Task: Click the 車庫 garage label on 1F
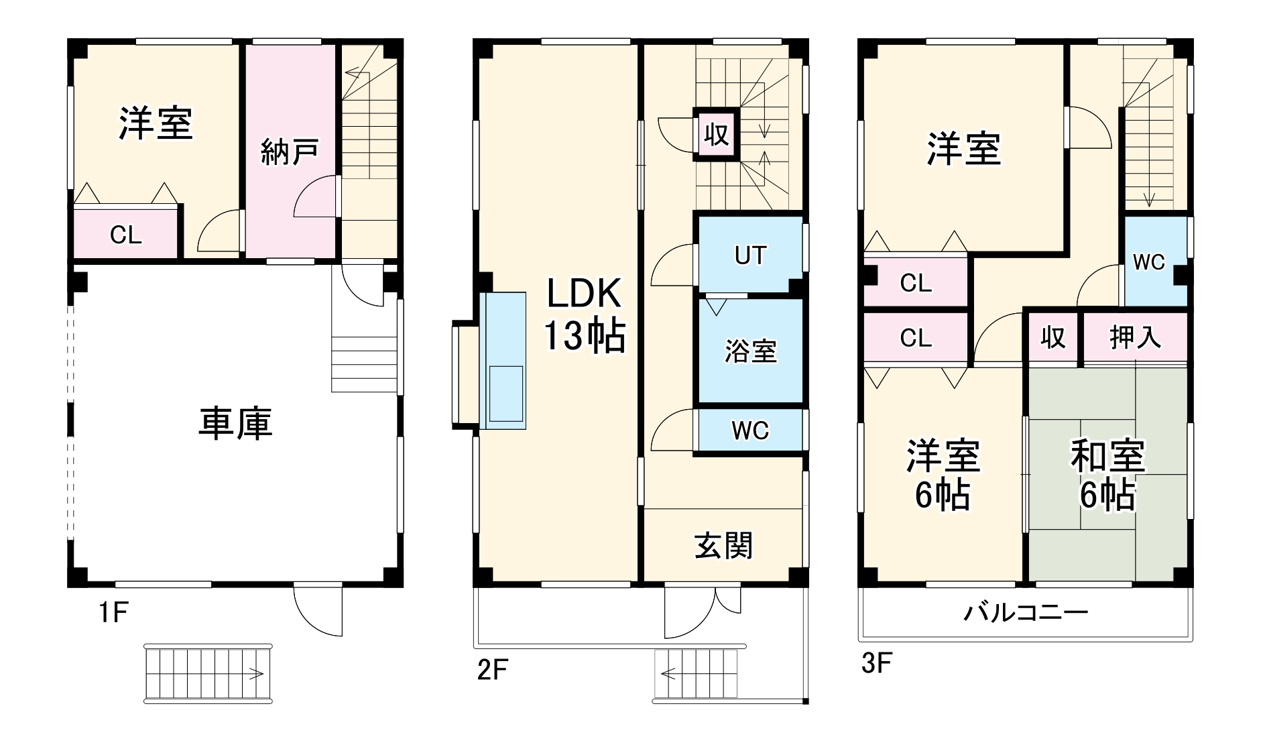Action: [235, 424]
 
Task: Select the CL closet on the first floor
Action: [125, 235]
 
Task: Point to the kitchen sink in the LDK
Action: [506, 394]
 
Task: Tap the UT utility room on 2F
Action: [750, 255]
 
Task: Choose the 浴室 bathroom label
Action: [750, 351]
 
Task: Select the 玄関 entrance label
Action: [723, 546]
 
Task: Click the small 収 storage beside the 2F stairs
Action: [716, 135]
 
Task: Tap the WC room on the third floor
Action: [1148, 262]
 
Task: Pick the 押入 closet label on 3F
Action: [1134, 337]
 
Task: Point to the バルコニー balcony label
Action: [1026, 612]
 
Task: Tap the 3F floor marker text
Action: [876, 663]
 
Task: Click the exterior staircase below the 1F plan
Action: [208, 673]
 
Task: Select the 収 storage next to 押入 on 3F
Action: [1053, 337]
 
